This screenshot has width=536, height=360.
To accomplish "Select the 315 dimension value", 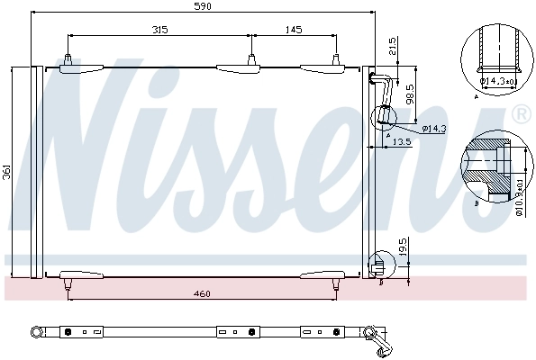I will [159, 30].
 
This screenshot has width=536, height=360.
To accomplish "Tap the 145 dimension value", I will [294, 30].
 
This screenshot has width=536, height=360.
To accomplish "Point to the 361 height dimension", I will [7, 171].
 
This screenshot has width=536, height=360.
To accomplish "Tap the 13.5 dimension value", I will [400, 141].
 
